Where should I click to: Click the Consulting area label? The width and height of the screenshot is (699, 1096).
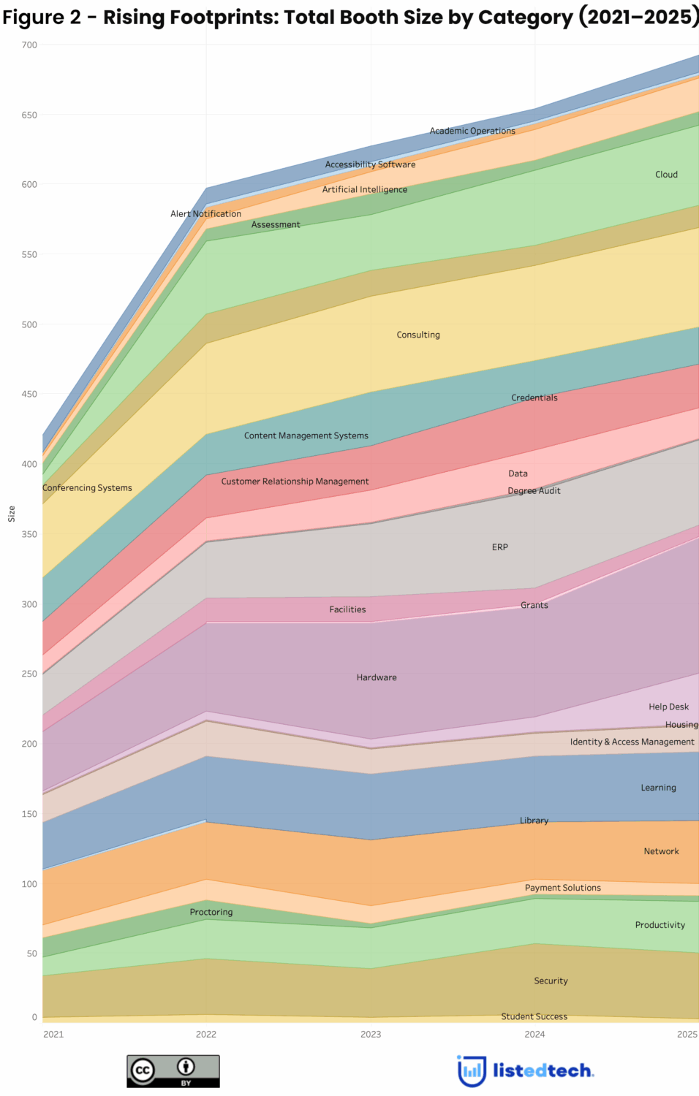pos(418,335)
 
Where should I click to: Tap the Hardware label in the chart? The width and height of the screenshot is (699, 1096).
pos(377,677)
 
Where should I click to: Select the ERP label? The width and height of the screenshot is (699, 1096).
pos(500,547)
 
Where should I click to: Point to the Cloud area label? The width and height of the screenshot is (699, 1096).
pos(666,175)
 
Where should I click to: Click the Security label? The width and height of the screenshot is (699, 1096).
pos(551,981)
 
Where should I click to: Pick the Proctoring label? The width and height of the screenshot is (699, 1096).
pos(211,912)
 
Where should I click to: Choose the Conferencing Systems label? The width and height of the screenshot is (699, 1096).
pos(87,488)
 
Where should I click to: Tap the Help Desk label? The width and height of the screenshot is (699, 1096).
pos(668,707)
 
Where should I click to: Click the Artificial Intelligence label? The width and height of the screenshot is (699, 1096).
pos(365,189)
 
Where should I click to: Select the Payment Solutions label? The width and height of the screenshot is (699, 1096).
pos(563,888)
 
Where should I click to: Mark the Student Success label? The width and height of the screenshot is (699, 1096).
pos(534,1016)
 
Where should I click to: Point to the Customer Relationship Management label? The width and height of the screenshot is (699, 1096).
pos(295,482)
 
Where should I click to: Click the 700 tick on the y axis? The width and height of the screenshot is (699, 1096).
pos(29,45)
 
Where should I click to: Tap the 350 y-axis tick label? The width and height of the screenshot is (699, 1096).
pos(29,534)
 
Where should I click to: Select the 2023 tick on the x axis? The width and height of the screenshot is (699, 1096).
pos(371,1034)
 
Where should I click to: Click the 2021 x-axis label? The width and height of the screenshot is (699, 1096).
pos(53,1034)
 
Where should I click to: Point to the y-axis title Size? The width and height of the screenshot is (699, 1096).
pos(12,514)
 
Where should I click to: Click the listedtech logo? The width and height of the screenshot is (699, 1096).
pos(526,1071)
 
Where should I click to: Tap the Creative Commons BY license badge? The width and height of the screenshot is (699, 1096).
pos(173,1071)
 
